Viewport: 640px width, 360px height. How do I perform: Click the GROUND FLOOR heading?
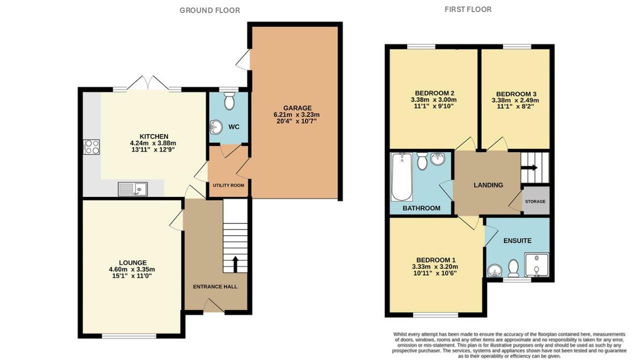[x=209, y=10]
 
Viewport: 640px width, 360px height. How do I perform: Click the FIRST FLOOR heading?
[x=467, y=9]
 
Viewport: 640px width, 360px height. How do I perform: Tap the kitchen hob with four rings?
[x=91, y=146]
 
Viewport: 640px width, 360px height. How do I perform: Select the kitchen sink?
[x=132, y=189]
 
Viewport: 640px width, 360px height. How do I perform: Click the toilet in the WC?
[x=229, y=102]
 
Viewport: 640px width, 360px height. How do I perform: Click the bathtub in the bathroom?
[x=401, y=177]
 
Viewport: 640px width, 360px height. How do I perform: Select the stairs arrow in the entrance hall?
[x=234, y=263]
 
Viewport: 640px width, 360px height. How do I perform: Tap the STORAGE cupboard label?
[x=535, y=201]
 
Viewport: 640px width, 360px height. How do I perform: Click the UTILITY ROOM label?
[x=228, y=185]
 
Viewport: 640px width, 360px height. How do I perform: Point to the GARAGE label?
[x=297, y=108]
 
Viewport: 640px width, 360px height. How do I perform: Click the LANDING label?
[x=488, y=185]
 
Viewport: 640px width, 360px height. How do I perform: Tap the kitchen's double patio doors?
[x=145, y=84]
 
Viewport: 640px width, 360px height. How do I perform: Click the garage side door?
[x=243, y=60]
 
